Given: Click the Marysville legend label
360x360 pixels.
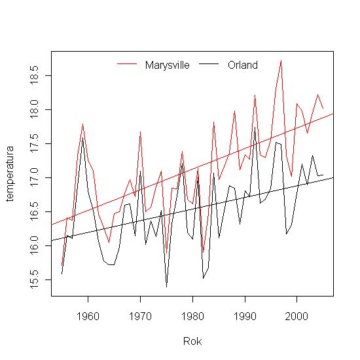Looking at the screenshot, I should (168, 65).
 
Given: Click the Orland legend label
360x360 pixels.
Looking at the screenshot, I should (243, 65).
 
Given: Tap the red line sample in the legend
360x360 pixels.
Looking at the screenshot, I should (128, 64).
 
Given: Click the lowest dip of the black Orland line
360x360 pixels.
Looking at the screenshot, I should (166, 287).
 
